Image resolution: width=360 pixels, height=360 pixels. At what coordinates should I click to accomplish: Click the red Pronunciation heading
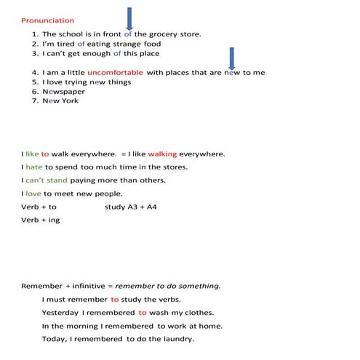point(47,21)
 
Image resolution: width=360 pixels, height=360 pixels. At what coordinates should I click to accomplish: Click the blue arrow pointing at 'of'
point(129,17)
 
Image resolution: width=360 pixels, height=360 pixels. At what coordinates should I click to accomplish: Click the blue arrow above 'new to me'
point(231,57)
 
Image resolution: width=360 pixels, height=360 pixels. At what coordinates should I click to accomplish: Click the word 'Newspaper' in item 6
point(63,92)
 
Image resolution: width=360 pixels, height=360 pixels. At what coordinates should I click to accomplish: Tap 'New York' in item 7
point(60,101)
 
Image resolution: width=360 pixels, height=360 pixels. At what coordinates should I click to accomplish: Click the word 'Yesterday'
point(60,312)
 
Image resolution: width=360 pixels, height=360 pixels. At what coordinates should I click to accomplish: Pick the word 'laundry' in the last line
point(178,339)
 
